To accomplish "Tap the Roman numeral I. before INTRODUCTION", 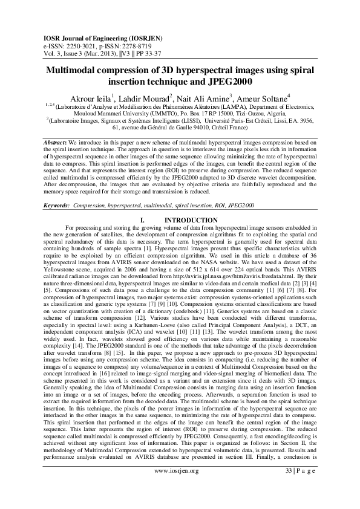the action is pos(142,220).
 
